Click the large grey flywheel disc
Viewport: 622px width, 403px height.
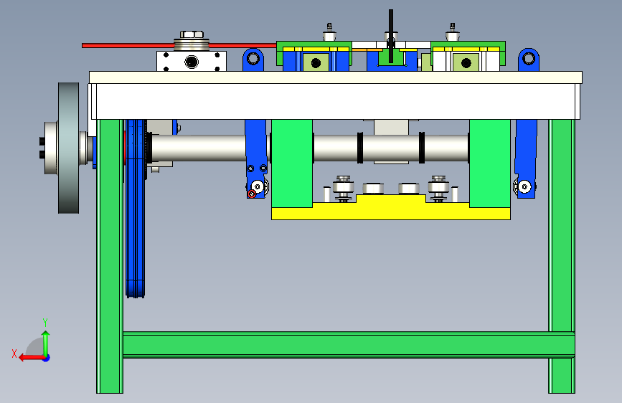point(69,148)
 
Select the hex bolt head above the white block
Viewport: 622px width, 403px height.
point(192,34)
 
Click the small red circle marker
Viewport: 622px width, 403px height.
point(252,194)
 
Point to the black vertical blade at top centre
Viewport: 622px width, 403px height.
point(391,36)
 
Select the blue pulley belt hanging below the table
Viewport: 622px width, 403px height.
point(136,208)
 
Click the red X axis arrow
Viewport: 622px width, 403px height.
point(32,358)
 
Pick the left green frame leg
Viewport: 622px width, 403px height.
point(110,256)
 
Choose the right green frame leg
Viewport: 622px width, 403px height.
point(562,256)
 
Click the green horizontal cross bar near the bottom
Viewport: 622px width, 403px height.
point(349,345)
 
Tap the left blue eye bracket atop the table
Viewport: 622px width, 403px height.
point(253,60)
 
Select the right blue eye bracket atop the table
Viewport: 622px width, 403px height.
point(529,60)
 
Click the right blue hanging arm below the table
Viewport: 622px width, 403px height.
point(526,158)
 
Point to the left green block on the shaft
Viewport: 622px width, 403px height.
point(292,163)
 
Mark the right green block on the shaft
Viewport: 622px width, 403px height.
point(490,163)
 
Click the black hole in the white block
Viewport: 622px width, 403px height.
point(192,62)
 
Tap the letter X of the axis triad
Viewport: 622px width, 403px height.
point(14,354)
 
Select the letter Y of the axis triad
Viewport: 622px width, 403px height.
point(45,322)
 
